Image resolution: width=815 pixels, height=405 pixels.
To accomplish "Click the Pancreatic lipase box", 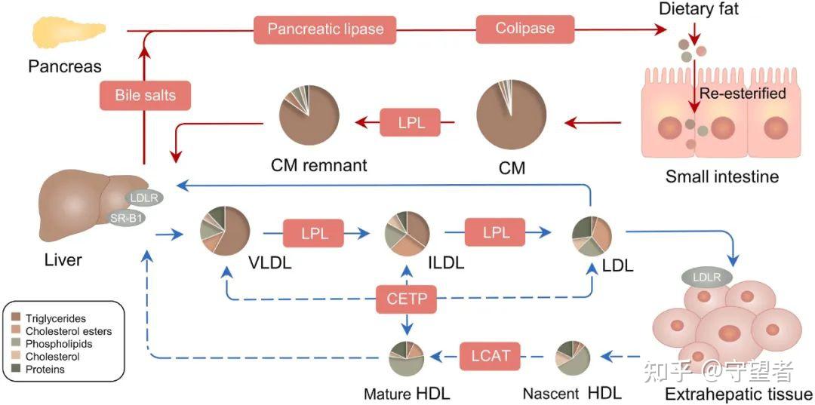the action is click(324, 29).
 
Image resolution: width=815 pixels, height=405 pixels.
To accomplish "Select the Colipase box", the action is click(525, 29).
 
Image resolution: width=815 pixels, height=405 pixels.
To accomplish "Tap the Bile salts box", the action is click(145, 96).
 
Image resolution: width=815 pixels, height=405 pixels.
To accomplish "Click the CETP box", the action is click(407, 299).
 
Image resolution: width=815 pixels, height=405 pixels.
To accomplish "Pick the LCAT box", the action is click(491, 356).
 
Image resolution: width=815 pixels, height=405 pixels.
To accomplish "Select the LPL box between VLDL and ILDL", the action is click(314, 233).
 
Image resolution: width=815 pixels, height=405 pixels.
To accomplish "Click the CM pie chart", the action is click(511, 116).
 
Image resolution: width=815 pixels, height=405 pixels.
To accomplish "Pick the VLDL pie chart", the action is click(225, 230).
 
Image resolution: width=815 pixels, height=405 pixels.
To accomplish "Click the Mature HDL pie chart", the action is click(407, 358).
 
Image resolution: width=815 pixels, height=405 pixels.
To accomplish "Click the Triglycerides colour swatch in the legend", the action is click(16, 318).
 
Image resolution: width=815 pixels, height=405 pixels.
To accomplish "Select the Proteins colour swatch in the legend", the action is click(16, 369).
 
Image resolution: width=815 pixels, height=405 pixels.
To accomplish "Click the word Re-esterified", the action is click(743, 94).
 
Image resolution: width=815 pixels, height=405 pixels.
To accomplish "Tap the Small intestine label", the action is click(722, 176).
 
